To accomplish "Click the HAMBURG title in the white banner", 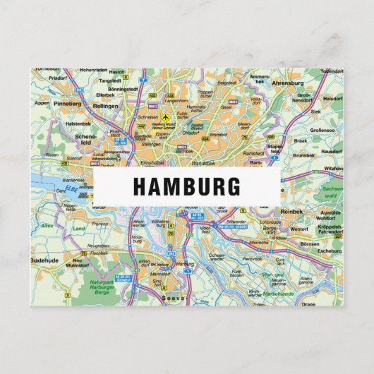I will click(186, 186).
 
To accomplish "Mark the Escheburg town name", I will click(329, 251).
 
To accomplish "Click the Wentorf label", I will click(299, 229).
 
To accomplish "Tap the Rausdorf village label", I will click(331, 151).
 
